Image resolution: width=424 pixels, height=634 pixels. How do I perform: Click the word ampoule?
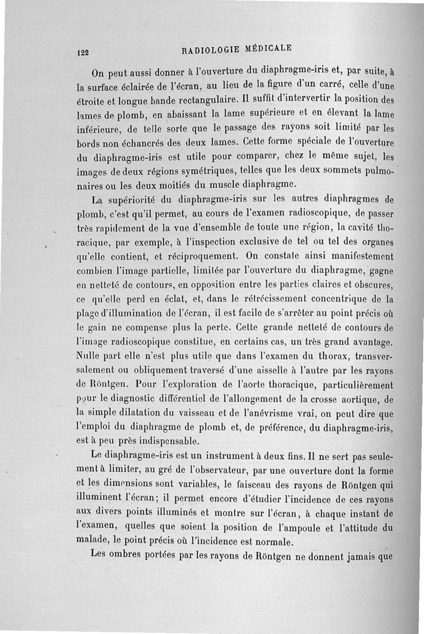click(304, 527)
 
